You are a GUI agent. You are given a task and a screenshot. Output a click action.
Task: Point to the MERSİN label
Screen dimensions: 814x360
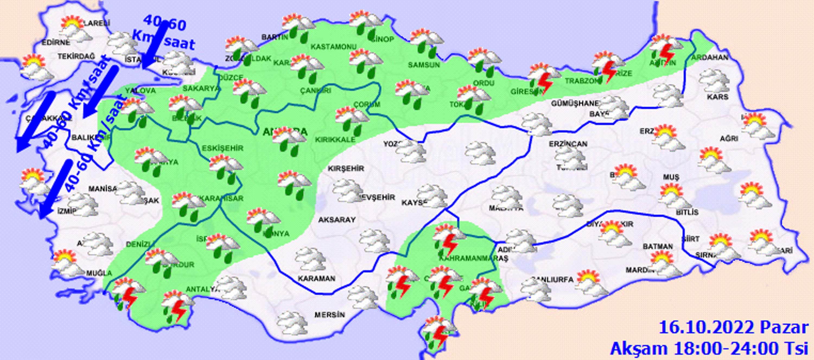point(329,315)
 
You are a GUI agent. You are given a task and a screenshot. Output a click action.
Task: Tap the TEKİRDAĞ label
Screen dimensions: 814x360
point(76,56)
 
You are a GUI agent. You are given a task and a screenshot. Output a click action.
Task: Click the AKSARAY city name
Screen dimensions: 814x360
point(337,220)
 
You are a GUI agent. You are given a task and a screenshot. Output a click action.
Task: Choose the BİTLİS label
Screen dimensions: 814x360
point(687,212)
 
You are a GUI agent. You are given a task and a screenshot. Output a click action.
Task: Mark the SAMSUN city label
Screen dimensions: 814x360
point(424,65)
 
